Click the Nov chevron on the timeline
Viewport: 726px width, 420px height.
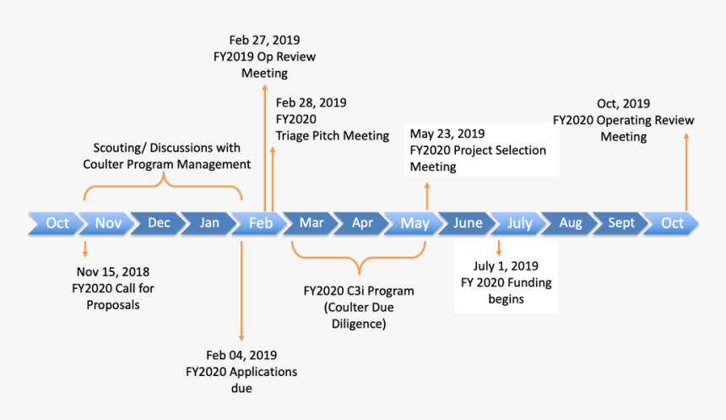click(x=109, y=223)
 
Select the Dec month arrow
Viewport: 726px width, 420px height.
click(x=159, y=223)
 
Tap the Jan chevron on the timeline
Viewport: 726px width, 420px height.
click(x=210, y=223)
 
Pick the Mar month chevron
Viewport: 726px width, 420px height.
click(x=312, y=223)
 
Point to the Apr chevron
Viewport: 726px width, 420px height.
click(x=362, y=223)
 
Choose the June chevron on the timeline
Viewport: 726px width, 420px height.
click(x=468, y=223)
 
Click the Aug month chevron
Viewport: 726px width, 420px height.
click(x=571, y=223)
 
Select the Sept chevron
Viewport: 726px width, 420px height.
click(x=621, y=223)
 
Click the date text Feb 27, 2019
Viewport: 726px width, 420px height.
click(x=264, y=40)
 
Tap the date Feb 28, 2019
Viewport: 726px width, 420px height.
click(x=311, y=102)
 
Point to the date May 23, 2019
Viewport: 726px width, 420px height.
click(x=447, y=134)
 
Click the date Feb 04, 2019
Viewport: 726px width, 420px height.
click(x=241, y=355)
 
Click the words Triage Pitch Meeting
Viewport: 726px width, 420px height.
click(x=333, y=135)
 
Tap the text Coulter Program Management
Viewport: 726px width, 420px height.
click(x=166, y=164)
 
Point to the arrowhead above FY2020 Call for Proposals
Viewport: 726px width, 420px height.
click(x=85, y=253)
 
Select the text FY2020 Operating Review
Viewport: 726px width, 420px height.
click(x=624, y=120)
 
